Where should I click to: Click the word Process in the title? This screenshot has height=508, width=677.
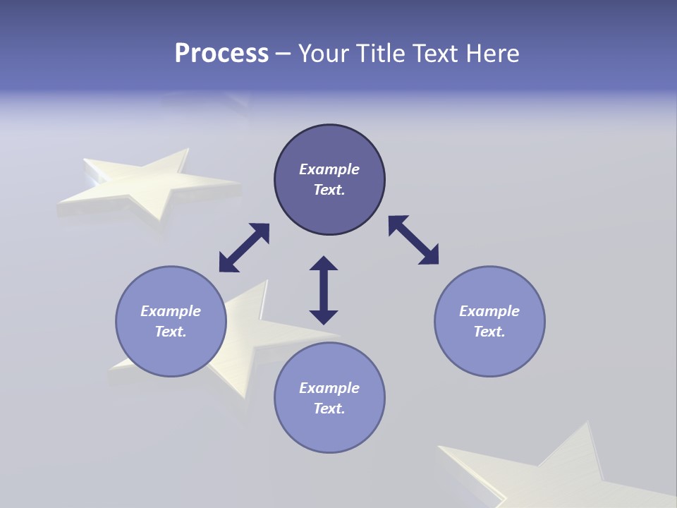(221, 54)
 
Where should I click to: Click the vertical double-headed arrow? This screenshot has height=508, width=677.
(324, 290)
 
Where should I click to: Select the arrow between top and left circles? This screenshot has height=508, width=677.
(244, 248)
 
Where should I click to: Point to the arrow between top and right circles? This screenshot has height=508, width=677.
(414, 241)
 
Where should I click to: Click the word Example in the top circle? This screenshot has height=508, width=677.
(329, 169)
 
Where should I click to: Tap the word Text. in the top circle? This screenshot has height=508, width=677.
(329, 190)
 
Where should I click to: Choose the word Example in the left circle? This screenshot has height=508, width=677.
(171, 311)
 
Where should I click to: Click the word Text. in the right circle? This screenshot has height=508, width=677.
(489, 332)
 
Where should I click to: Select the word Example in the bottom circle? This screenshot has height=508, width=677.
(329, 388)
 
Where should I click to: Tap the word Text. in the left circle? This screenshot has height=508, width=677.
(171, 332)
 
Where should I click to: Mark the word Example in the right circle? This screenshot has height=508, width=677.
(489, 311)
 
